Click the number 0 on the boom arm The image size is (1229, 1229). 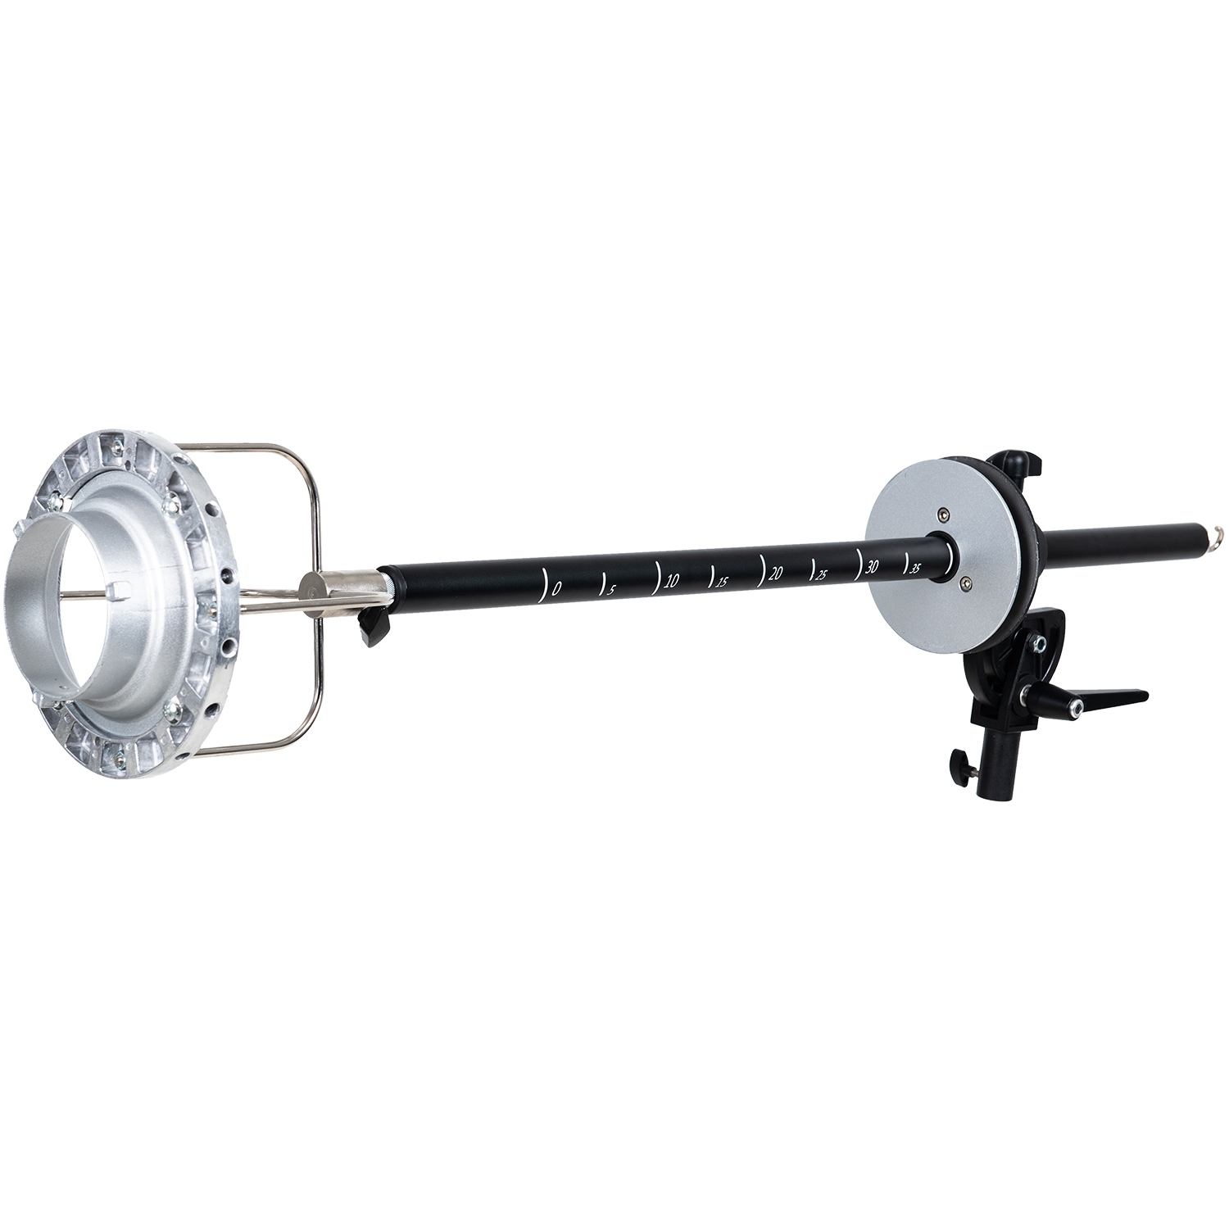[558, 588]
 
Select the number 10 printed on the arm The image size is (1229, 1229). [672, 581]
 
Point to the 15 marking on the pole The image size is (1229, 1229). [722, 582]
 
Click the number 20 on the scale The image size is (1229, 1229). [775, 574]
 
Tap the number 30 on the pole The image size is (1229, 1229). [872, 567]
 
